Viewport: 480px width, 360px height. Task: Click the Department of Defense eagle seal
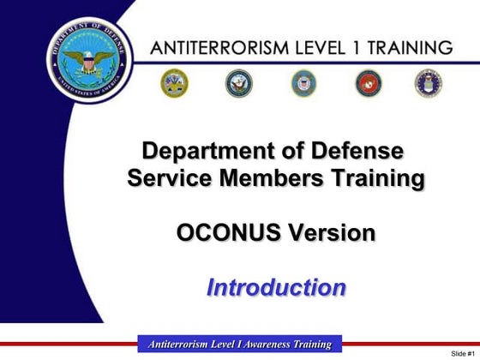point(83,58)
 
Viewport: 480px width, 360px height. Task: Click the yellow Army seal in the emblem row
point(175,83)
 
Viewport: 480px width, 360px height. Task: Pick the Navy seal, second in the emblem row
point(239,83)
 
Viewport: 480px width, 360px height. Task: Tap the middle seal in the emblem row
point(303,83)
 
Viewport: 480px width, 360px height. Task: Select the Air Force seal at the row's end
point(429,83)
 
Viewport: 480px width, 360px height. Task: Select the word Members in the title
point(273,179)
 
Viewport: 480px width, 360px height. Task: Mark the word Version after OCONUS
point(332,232)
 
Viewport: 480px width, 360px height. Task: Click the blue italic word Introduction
point(276,286)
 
